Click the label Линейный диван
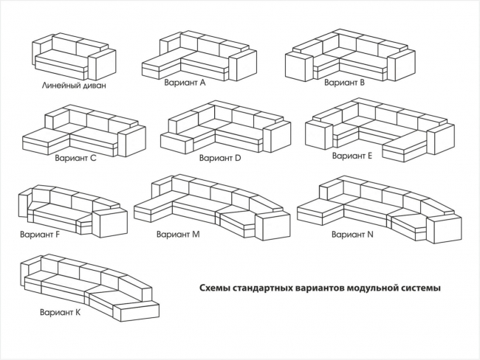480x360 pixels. click(x=74, y=86)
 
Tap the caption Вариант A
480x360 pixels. click(x=185, y=83)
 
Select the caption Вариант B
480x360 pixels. click(x=344, y=83)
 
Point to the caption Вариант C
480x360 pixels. click(x=75, y=157)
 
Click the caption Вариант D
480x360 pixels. click(x=220, y=157)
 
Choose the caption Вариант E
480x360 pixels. click(x=352, y=156)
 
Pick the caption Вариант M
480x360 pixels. click(x=178, y=234)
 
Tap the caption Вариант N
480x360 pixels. click(x=352, y=234)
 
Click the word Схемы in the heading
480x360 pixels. click(x=215, y=288)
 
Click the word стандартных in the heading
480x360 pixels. click(x=264, y=288)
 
